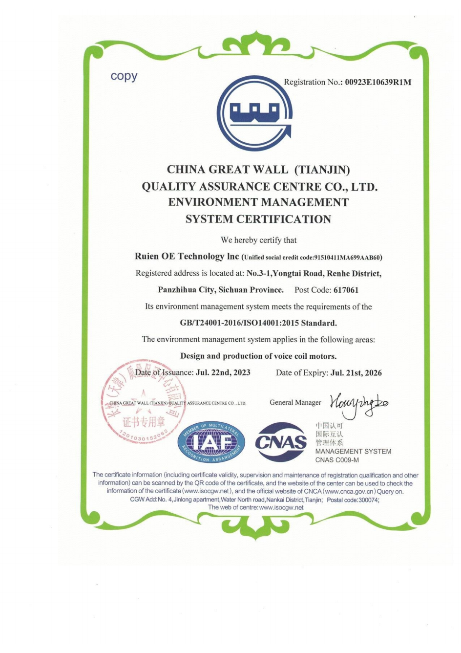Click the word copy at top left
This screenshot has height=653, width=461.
(124, 76)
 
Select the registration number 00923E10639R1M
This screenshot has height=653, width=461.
(378, 82)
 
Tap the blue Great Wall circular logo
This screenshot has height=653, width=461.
(254, 112)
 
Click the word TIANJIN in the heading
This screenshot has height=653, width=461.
(324, 170)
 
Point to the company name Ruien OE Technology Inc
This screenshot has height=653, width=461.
(187, 257)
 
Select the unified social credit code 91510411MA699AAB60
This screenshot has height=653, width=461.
(347, 258)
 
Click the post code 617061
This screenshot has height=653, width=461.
(346, 290)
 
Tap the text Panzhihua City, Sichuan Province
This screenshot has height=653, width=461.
(220, 290)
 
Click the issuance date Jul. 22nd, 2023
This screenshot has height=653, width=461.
(223, 372)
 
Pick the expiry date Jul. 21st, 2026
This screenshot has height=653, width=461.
(356, 373)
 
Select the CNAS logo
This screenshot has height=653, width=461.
(281, 442)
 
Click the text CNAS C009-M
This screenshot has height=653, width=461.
(337, 460)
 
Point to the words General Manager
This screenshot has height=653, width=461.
(295, 402)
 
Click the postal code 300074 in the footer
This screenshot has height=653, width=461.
(369, 500)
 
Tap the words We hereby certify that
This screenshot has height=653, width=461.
(258, 240)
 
